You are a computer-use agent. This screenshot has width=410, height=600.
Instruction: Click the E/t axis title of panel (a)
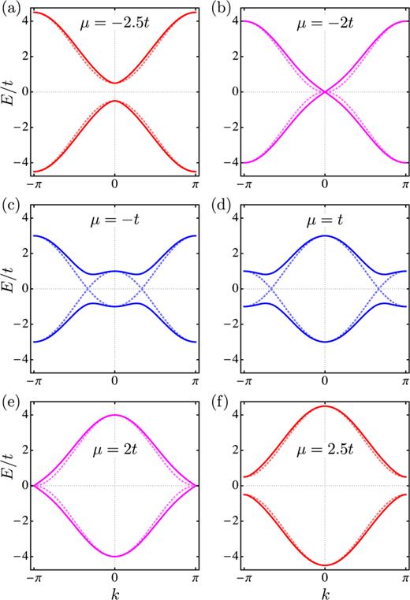tap(10, 92)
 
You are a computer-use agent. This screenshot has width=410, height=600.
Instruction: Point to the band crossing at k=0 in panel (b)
tap(325, 92)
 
